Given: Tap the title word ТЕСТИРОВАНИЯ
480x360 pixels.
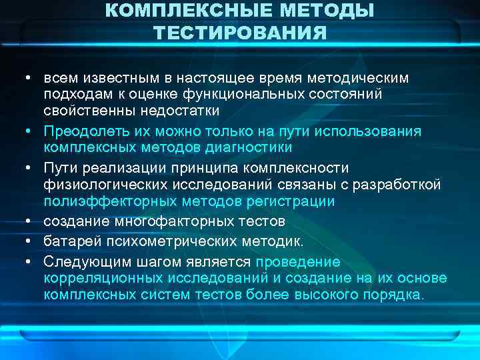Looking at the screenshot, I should (x=240, y=33).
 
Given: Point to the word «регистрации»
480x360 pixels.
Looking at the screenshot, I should (x=297, y=201).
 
